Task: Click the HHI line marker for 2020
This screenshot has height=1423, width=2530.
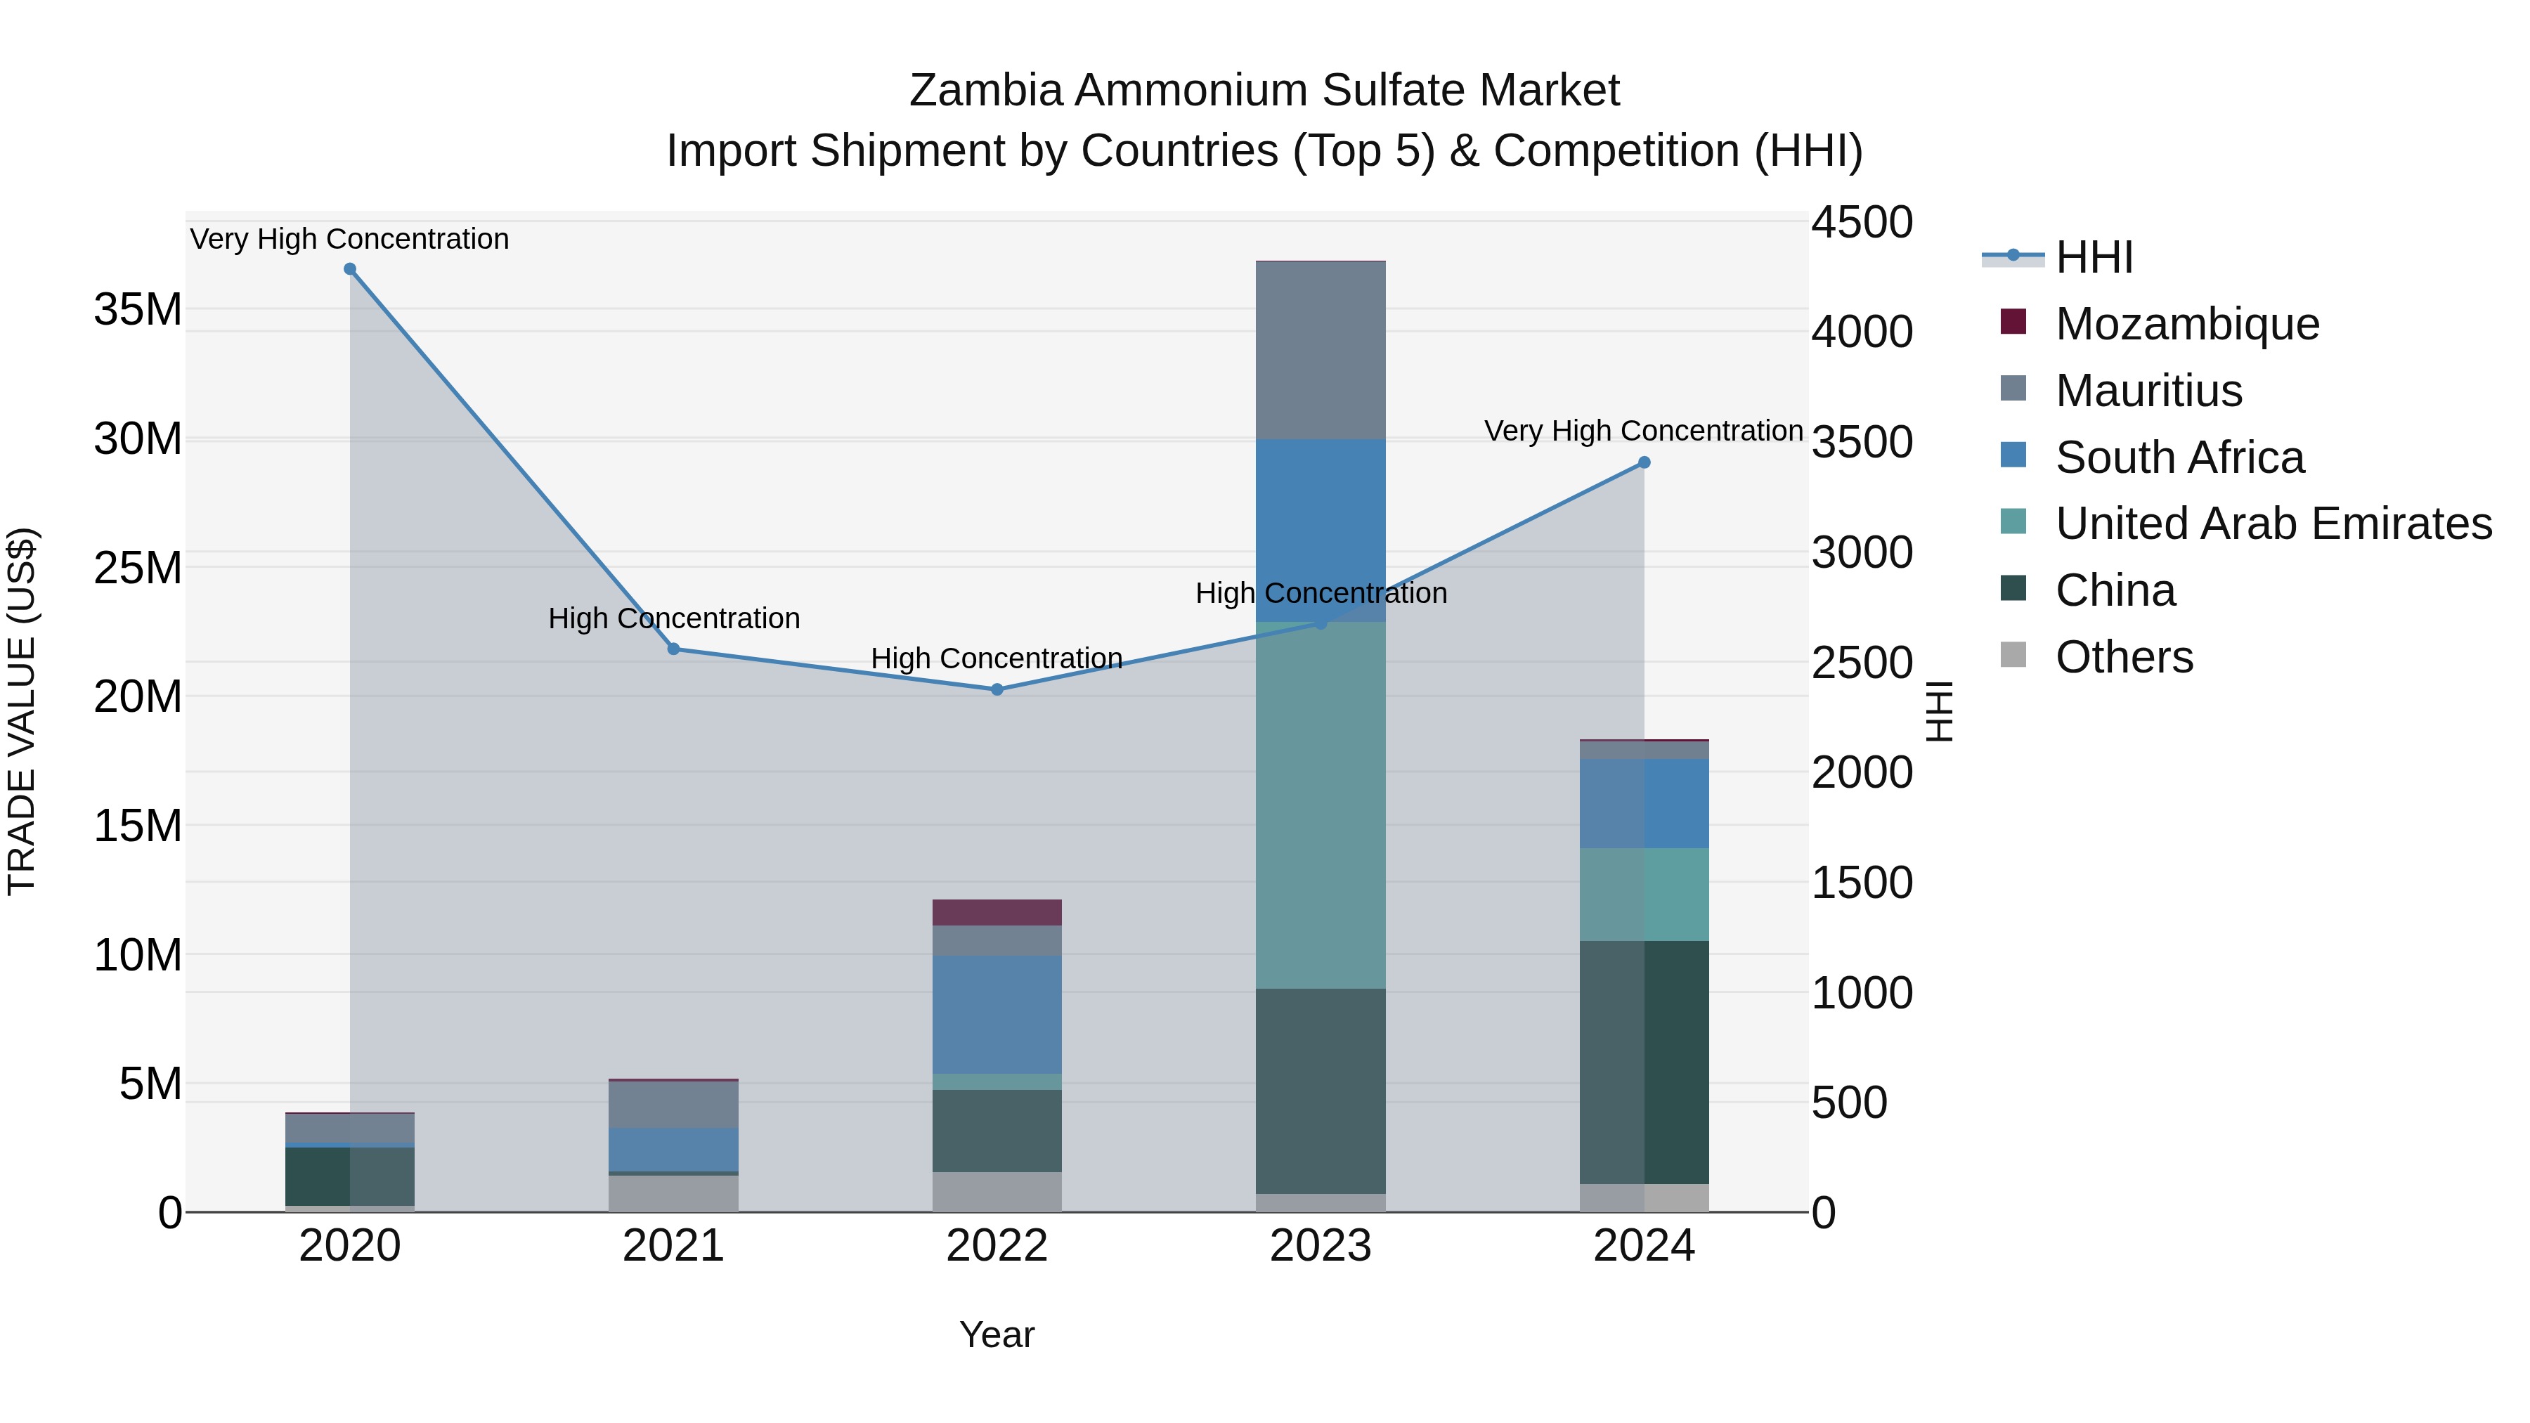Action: point(350,269)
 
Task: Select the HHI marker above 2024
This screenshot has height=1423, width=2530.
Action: point(1644,462)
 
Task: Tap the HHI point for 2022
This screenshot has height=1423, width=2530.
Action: point(997,689)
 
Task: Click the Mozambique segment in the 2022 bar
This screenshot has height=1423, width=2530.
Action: point(997,912)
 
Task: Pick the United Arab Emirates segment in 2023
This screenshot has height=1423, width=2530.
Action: point(1320,805)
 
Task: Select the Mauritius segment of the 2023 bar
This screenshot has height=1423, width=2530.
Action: point(1320,351)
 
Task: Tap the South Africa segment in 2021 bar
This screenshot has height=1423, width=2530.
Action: point(674,1149)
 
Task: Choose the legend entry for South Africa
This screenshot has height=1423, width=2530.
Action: point(2179,457)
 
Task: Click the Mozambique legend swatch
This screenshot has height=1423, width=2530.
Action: point(2013,322)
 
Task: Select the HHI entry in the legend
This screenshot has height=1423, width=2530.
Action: point(2093,257)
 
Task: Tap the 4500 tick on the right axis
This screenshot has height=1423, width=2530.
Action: point(1861,222)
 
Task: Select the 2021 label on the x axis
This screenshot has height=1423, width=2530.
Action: point(674,1246)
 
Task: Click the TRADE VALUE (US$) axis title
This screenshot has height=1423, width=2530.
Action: point(22,711)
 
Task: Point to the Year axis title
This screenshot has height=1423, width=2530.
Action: point(997,1334)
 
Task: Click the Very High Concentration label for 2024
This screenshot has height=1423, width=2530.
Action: point(1642,431)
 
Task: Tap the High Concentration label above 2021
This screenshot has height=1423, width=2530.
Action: point(674,618)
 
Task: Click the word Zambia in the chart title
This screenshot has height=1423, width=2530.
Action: point(985,91)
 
